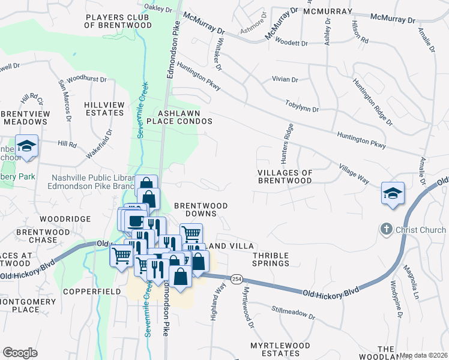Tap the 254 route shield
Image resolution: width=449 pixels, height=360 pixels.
pos(237,278)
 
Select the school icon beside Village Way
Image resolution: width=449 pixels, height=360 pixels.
pos(392,193)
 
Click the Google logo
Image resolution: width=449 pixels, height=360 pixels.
pos(20,353)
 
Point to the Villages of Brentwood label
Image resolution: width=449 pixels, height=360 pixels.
pos(285,176)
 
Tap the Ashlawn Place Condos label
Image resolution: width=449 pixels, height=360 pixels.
pos(185,117)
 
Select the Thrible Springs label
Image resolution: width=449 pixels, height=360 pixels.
pos(267,259)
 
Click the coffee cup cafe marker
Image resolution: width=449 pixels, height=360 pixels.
pos(137,218)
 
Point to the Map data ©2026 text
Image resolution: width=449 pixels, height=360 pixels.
pos(423,355)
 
